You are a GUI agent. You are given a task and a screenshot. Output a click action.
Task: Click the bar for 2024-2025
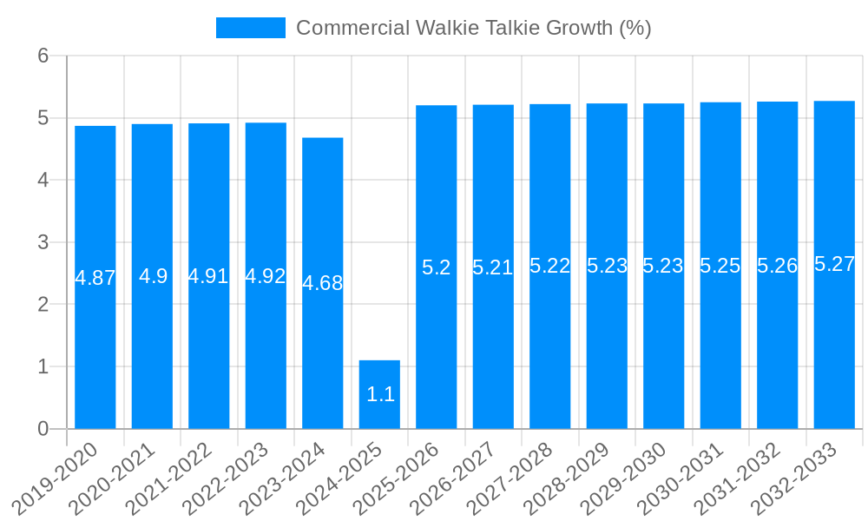[x=379, y=394]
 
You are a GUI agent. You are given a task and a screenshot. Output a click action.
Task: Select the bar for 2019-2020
[x=95, y=277]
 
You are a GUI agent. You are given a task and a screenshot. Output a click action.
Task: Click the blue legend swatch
[x=251, y=28]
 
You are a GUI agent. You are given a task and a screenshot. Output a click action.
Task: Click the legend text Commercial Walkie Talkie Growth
[x=474, y=28]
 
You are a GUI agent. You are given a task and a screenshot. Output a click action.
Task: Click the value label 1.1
[x=381, y=394]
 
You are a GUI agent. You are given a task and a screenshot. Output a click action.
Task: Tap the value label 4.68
[x=323, y=283]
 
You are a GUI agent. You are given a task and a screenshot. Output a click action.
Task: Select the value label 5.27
[x=835, y=265]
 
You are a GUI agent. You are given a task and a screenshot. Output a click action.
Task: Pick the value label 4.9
[x=154, y=277]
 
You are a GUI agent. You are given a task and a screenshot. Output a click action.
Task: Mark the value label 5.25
[x=720, y=267]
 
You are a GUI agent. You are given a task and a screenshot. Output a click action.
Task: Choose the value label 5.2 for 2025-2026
[x=437, y=267]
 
